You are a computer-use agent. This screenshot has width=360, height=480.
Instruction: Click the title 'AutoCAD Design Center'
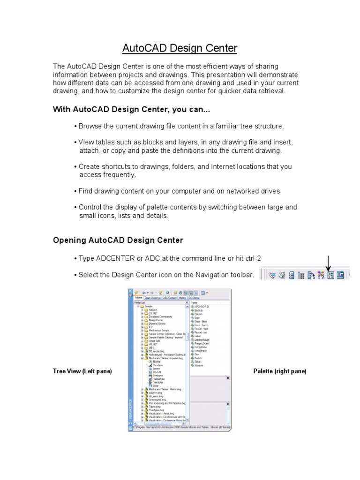tap(180, 48)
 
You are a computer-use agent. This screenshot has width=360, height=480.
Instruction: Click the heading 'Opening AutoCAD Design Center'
tap(118, 240)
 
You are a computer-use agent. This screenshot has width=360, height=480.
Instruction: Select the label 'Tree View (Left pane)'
tap(82, 371)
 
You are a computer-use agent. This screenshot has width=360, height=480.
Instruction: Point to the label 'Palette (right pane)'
tap(280, 371)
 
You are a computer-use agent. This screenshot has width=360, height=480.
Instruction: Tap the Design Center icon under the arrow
tap(331, 276)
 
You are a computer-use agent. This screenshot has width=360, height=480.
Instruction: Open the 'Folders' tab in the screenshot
tap(139, 298)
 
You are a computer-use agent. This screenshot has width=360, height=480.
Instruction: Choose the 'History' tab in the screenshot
tap(182, 298)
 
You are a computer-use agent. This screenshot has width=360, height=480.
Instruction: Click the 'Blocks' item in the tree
tap(156, 362)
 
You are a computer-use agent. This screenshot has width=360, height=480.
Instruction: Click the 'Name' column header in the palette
tap(195, 303)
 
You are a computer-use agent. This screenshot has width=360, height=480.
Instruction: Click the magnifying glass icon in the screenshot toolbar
tap(167, 292)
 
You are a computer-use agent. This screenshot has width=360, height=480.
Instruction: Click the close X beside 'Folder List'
tap(187, 303)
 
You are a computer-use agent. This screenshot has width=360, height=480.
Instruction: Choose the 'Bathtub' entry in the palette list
tap(199, 310)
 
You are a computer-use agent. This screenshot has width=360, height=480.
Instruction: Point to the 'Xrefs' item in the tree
tap(156, 386)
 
